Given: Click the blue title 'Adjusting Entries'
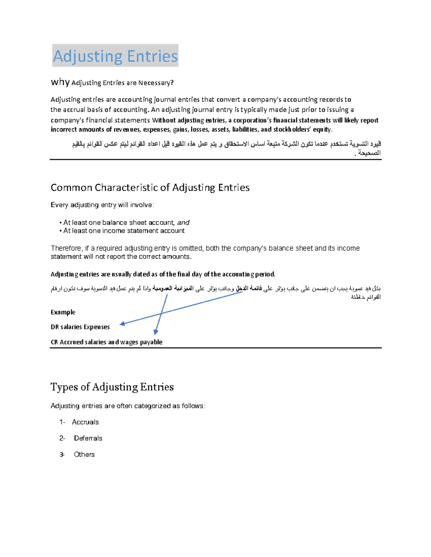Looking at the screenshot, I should point(115,56).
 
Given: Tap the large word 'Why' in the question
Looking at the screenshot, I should point(60,82).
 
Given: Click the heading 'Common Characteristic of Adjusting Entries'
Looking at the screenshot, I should point(150,188).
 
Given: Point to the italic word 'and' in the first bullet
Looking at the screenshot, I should point(183,222).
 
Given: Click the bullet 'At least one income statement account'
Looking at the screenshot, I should point(124,231).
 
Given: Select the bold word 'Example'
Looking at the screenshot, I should point(63,312).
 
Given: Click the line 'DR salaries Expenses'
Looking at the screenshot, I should point(80,327).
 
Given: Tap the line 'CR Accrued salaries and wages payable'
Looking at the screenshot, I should point(106,342).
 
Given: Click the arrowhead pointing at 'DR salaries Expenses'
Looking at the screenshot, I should point(122,324).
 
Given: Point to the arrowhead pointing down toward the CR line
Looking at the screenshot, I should point(156,332).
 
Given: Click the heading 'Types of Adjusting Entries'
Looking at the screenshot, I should point(112,387).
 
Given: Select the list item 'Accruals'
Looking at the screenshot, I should point(85,422).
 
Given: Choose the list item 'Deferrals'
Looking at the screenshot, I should point(88,438).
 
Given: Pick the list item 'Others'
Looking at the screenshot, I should point(84,454).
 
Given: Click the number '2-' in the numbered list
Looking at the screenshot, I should point(62,438).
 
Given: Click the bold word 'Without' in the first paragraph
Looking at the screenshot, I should point(163,120).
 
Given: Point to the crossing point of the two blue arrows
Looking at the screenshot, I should point(161,313).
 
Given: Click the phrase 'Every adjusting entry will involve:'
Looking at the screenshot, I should point(102,205).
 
